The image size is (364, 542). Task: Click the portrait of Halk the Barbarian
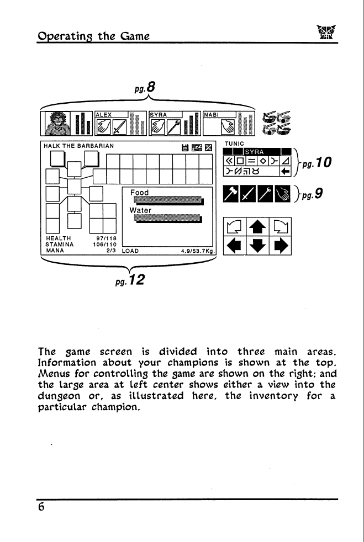(x=57, y=124)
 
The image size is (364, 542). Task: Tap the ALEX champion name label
(x=104, y=115)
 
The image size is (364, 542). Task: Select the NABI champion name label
(x=211, y=115)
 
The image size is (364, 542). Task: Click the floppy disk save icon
(x=186, y=148)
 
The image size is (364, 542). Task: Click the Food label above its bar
(x=139, y=193)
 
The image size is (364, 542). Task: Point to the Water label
(x=140, y=210)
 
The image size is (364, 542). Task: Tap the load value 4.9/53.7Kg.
(x=198, y=251)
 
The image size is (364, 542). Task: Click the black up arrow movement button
(x=257, y=227)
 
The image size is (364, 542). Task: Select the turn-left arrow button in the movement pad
(x=235, y=227)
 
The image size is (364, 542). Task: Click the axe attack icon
(x=231, y=194)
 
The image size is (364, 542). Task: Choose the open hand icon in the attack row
(x=283, y=194)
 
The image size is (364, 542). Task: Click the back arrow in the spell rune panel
(x=286, y=171)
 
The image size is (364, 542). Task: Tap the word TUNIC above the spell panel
(x=234, y=144)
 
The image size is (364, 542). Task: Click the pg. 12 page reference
(x=130, y=280)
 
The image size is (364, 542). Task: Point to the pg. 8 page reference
(x=145, y=87)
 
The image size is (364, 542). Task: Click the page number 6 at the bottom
(x=41, y=507)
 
